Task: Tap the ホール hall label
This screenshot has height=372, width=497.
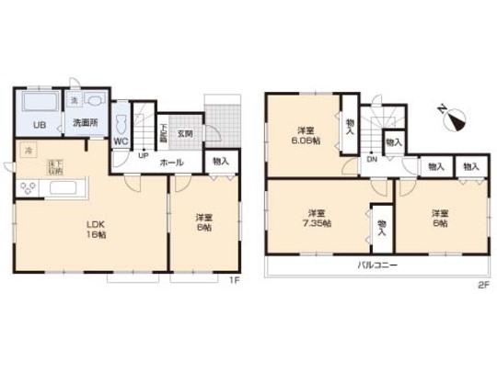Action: (x=171, y=163)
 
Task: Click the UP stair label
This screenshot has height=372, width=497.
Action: (x=144, y=155)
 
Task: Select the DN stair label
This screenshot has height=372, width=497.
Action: (x=372, y=158)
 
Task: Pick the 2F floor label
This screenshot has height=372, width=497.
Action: (x=480, y=283)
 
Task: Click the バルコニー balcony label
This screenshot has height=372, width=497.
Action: (x=376, y=265)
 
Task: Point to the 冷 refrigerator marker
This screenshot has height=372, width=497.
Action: (x=29, y=149)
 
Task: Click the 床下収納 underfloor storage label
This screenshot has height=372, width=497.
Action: (x=54, y=166)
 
